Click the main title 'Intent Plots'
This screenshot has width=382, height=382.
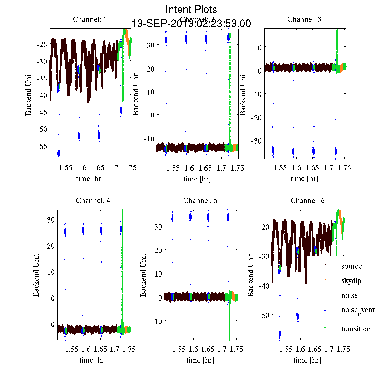191,9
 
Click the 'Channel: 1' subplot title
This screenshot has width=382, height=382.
90,19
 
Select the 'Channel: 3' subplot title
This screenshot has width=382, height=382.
304,19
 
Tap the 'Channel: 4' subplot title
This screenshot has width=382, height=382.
93,201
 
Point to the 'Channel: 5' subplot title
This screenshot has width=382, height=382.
200,201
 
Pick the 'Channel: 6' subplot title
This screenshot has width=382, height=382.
308,201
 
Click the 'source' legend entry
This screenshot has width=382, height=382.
351,266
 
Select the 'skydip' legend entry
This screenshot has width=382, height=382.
351,281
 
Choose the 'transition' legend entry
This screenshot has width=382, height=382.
356,329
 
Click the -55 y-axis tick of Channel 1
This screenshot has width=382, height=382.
42,146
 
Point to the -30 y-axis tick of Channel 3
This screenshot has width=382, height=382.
256,141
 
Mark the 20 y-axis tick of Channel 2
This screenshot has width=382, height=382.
150,68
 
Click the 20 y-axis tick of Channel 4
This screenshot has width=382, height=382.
51,245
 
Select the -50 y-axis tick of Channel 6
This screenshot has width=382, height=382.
264,315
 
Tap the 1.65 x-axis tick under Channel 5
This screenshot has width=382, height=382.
208,349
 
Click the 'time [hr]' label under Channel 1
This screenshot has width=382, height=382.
90,179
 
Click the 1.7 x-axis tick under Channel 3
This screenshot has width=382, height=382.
329,168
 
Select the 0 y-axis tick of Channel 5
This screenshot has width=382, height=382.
160,298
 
